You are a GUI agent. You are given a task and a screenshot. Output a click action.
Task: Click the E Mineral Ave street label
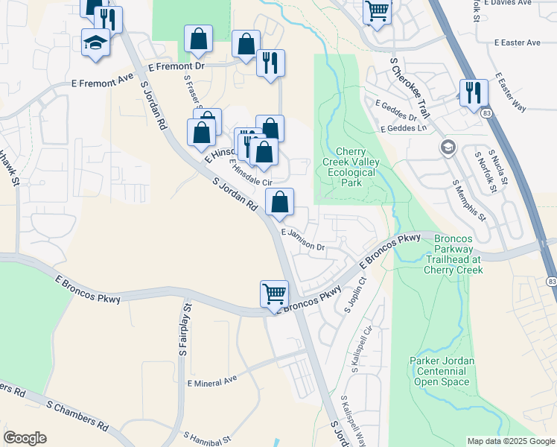click(x=212, y=379)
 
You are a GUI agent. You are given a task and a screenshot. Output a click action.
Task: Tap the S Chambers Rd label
click(x=77, y=416)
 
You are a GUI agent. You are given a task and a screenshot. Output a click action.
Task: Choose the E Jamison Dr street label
click(x=304, y=238)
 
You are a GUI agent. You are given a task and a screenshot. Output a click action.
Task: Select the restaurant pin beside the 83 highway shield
click(x=474, y=92)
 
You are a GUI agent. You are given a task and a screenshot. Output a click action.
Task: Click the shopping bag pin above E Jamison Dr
click(x=279, y=202)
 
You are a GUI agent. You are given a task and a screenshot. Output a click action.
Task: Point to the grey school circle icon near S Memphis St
click(x=447, y=146)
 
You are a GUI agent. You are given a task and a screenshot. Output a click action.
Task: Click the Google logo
click(x=25, y=438)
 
